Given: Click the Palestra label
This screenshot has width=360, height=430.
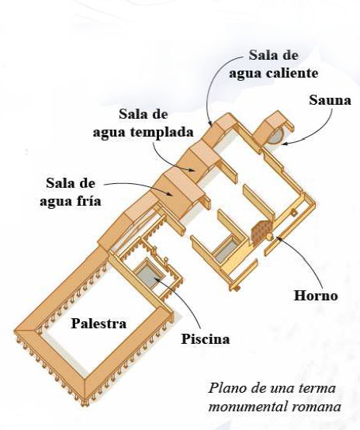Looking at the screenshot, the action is [99, 324].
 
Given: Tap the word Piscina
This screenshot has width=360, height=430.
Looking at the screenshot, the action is [206, 339].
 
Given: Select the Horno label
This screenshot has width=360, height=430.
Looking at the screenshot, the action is [316, 296].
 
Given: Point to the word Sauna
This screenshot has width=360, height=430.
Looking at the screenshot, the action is [330, 100].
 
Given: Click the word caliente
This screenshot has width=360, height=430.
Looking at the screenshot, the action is [292, 73].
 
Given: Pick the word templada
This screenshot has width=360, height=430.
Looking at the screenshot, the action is [161, 132].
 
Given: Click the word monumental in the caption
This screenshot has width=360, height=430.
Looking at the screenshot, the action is [251, 406].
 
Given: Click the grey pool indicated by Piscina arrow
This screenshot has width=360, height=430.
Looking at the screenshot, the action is [149, 273].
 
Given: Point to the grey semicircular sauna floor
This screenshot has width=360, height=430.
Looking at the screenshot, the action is [276, 136].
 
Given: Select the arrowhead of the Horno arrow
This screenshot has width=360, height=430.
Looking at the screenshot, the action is [278, 238].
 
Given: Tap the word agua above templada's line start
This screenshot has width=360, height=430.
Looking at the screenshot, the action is [109, 134].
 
